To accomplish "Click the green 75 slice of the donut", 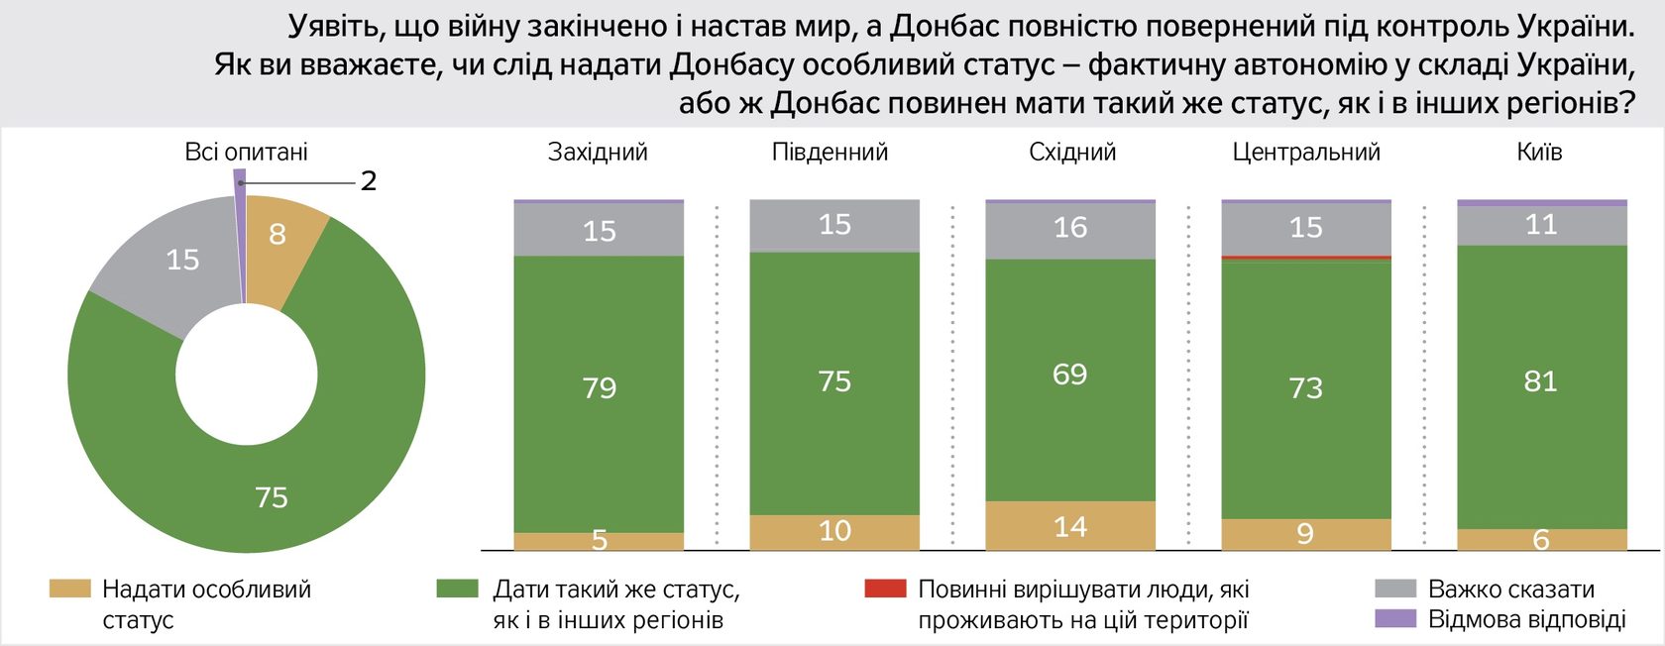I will [x=272, y=495].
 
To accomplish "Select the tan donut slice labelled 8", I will [x=277, y=234].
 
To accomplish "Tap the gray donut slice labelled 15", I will [x=182, y=260].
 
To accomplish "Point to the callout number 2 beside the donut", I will [x=369, y=181].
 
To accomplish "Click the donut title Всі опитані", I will [x=246, y=152].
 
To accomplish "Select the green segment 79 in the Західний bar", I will [x=599, y=386].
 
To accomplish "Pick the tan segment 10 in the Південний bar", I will [x=834, y=531].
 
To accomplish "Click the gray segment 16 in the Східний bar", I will [x=1070, y=228].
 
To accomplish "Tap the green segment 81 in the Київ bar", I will [x=1541, y=381].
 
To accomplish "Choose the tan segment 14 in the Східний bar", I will [x=1070, y=526].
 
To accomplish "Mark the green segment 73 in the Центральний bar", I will [x=1306, y=387].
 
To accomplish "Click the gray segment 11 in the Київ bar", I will [x=1541, y=225].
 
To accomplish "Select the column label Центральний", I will [x=1306, y=152].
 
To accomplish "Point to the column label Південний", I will [x=830, y=152].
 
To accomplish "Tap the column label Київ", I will [x=1539, y=152].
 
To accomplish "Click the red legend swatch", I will [x=885, y=589].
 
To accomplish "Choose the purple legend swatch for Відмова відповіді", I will [x=1395, y=619].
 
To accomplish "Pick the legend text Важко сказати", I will [x=1510, y=590].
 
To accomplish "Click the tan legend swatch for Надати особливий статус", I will [x=70, y=589].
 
